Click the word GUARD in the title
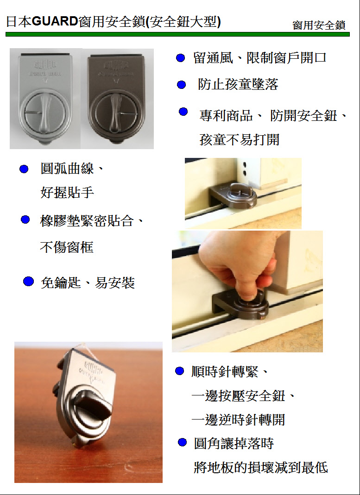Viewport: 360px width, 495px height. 55,22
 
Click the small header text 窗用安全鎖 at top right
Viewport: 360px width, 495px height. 319,25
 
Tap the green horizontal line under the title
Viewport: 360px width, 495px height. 177,34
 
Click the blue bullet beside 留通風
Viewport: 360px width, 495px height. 180,58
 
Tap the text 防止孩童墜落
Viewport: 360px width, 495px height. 238,84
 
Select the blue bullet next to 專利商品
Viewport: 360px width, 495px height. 183,112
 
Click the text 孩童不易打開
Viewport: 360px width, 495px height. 240,139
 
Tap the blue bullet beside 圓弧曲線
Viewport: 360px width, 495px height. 24,169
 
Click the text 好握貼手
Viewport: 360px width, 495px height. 67,192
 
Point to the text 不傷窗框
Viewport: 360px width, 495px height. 67,247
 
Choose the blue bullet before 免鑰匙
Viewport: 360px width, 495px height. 28,281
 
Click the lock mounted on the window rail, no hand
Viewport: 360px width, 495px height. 236,195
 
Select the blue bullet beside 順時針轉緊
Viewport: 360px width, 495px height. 179,371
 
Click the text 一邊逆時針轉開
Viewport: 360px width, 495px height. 239,420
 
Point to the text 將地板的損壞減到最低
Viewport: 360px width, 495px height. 261,467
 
